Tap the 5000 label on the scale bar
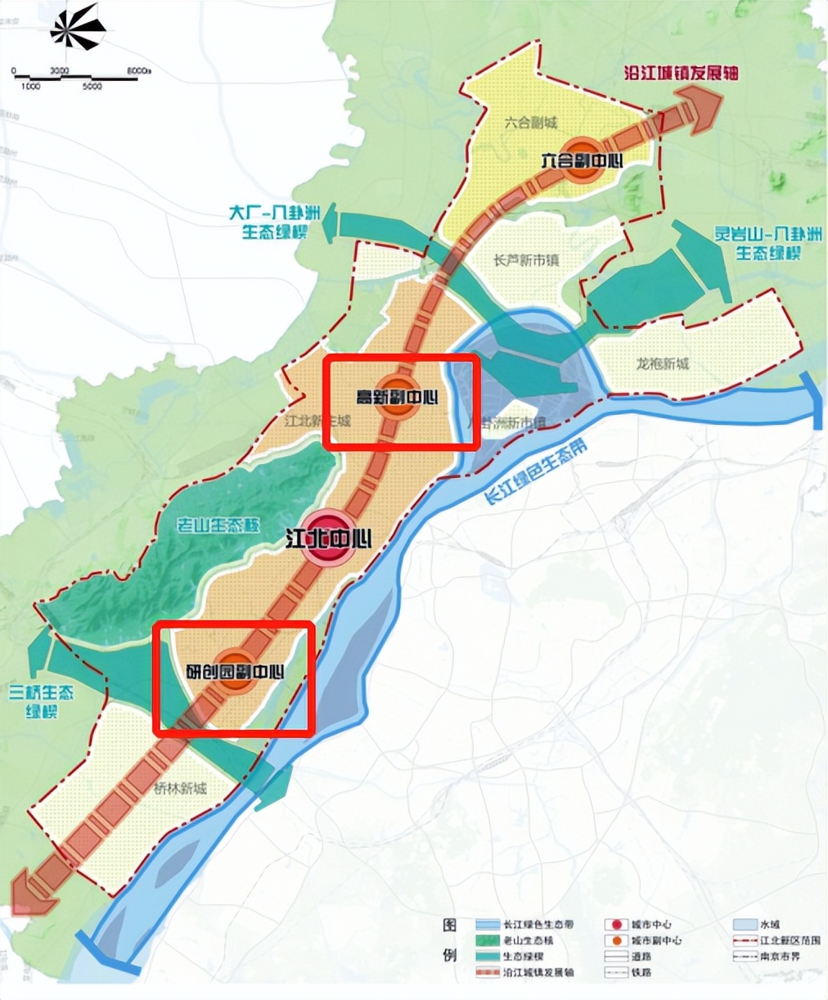click(92, 86)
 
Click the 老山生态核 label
click(218, 525)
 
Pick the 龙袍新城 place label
click(663, 363)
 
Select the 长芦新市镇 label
click(526, 261)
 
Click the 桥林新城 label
click(180, 789)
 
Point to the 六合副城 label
click(530, 123)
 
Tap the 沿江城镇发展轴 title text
click(681, 72)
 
